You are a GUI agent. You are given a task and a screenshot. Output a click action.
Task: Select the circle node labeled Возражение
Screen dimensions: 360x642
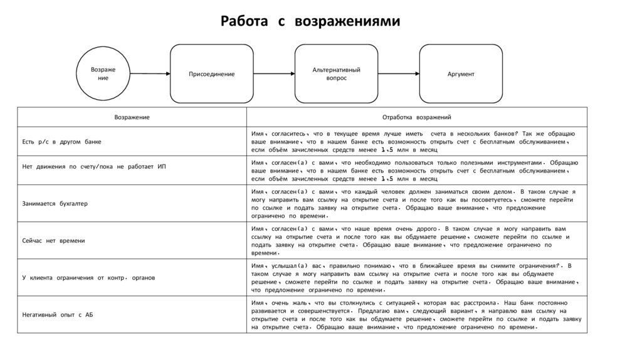tap(103, 73)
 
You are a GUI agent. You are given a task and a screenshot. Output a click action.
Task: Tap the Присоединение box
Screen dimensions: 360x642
tap(212, 74)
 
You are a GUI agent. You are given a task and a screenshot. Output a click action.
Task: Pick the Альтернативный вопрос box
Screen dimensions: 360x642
tap(337, 74)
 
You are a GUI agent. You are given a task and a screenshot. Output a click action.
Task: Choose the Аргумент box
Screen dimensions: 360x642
tap(461, 74)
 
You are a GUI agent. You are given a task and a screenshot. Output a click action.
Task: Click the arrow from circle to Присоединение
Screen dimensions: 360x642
tap(150, 74)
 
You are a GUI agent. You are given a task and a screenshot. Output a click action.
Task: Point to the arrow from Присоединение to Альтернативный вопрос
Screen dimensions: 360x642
tap(275, 74)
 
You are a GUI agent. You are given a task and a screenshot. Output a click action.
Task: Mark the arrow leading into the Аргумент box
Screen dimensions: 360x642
tap(399, 74)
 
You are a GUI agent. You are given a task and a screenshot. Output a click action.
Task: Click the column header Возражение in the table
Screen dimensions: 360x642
tap(132, 117)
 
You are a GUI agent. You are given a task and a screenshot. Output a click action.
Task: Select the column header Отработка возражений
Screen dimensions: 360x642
tap(417, 117)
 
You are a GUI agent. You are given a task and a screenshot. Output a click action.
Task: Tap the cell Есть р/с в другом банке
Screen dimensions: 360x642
tap(61, 142)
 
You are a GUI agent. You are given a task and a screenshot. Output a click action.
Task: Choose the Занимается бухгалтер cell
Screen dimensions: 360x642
tap(55, 203)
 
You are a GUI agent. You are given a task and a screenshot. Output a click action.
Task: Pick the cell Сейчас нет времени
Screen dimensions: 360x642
tap(53, 240)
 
